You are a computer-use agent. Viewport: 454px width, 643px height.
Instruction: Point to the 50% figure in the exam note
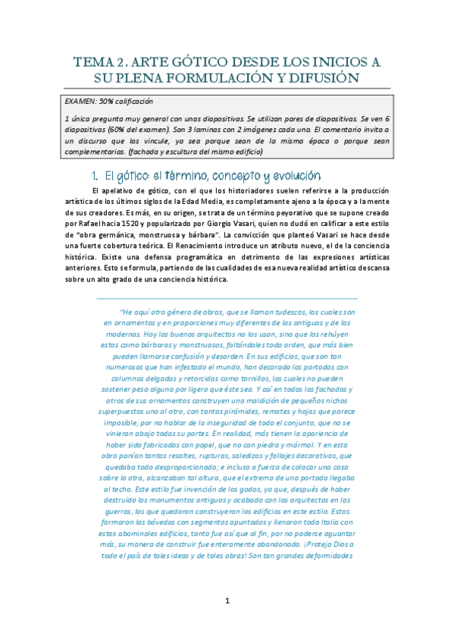[x=110, y=101]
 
